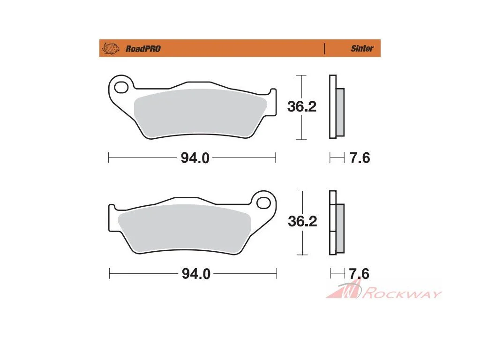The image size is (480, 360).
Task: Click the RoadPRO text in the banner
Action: [x=143, y=49]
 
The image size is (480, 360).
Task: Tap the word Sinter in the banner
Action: [x=362, y=48]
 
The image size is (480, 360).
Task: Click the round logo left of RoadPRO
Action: [x=111, y=48]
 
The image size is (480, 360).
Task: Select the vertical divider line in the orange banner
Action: [x=324, y=49]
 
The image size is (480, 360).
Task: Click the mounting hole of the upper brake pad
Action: [x=121, y=87]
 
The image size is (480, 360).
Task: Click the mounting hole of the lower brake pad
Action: [x=263, y=202]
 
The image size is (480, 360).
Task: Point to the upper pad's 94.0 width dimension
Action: [x=195, y=158]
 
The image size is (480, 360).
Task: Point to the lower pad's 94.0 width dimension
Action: [x=196, y=274]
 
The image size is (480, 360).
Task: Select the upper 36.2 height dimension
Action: [x=301, y=106]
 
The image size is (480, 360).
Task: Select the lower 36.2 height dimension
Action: [x=302, y=221]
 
